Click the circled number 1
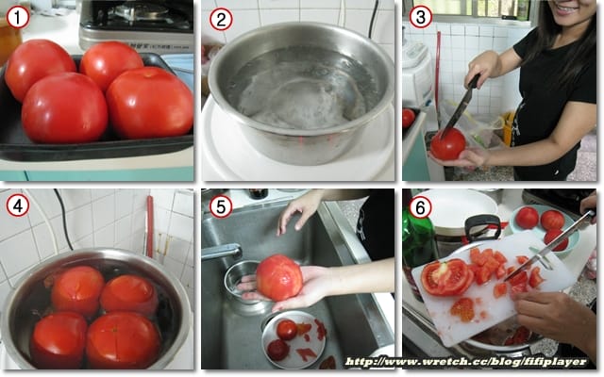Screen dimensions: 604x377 18,18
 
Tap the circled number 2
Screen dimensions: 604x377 221,19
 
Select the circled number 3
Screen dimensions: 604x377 420,17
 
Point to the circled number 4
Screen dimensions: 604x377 18,205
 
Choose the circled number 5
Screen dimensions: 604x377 221,206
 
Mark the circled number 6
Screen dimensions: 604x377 420,207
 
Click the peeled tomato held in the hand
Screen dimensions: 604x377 279,277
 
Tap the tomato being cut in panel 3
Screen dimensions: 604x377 447,144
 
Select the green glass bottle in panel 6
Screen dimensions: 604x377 417,246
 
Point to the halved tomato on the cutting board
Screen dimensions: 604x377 446,277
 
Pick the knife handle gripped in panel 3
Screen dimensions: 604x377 474,81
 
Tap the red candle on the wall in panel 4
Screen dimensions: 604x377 150,226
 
